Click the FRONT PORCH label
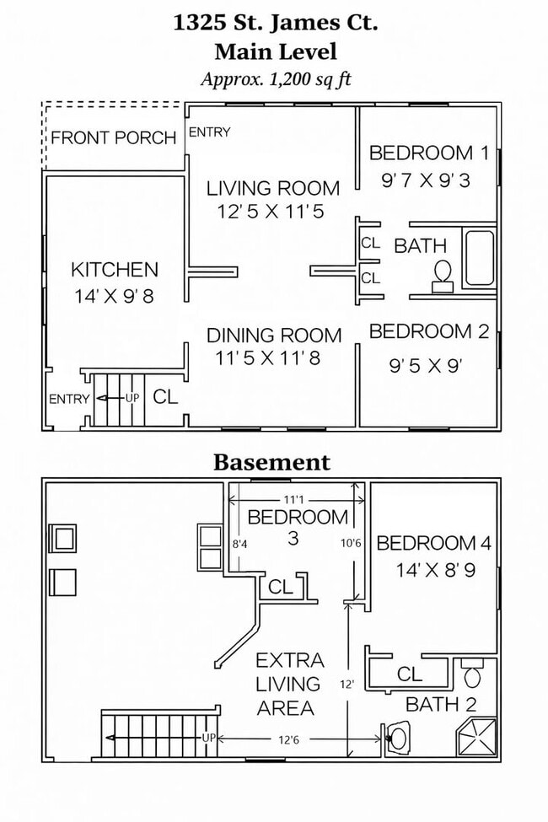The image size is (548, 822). [x=113, y=138]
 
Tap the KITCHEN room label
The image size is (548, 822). [x=115, y=270]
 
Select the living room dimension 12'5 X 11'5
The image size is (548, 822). [x=271, y=212]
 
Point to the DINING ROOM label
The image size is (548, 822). [x=274, y=335]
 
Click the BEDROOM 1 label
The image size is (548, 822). [x=429, y=153]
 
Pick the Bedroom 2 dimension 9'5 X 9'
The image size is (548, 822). [x=425, y=365]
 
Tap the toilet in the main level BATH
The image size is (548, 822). [x=442, y=277]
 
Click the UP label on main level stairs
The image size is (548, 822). [x=132, y=398]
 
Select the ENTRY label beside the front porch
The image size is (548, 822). [x=209, y=132]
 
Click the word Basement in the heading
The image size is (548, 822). [x=271, y=462]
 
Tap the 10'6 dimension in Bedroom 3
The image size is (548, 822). [x=351, y=543]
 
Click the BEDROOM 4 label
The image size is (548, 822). [x=433, y=543]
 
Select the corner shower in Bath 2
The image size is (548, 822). [x=475, y=737]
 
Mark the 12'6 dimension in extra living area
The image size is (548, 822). [x=288, y=739]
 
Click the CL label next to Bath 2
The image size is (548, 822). [x=409, y=674]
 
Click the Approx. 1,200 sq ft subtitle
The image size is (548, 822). [x=276, y=79]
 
